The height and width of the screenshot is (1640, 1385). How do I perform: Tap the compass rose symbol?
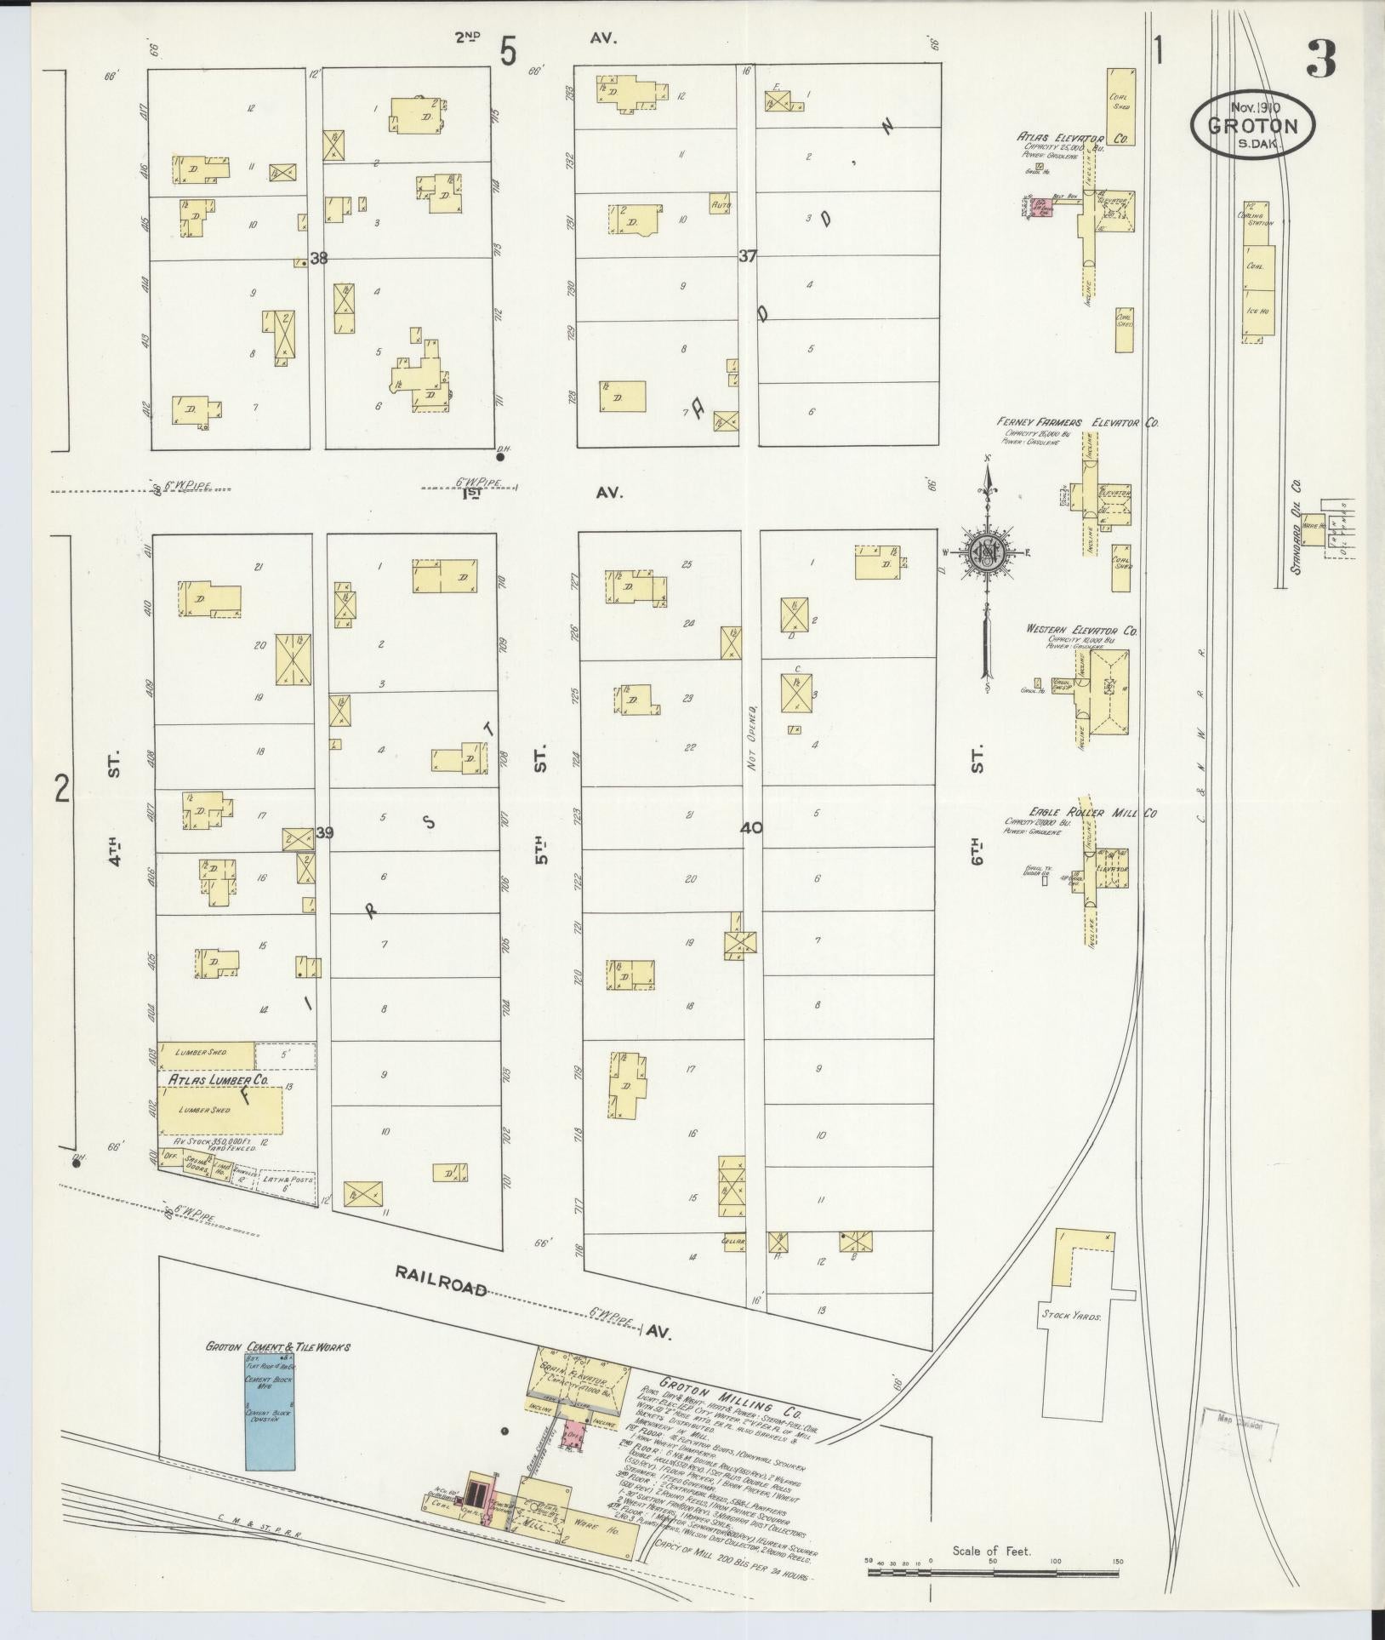tap(989, 553)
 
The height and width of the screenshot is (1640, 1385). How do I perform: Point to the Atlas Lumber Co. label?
tap(218, 1079)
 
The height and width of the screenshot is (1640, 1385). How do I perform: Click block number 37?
tap(747, 255)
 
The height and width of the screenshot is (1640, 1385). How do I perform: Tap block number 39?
tap(324, 832)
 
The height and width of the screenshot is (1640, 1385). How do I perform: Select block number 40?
tap(751, 827)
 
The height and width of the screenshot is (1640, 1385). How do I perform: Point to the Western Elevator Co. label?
tap(1080, 631)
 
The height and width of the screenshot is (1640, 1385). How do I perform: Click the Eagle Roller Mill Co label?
tap(1080, 814)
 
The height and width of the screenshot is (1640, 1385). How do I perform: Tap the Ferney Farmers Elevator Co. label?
tap(1077, 422)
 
